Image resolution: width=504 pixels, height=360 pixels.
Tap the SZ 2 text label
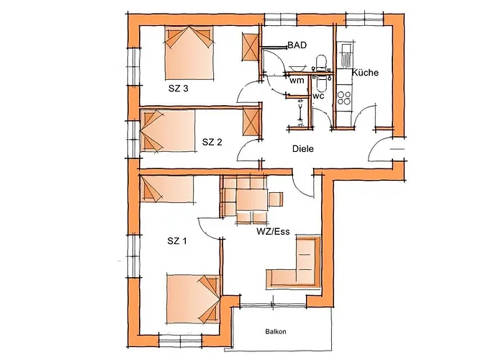point(212,141)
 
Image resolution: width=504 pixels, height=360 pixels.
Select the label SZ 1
point(176,241)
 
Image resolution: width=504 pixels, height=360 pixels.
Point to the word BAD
point(297,45)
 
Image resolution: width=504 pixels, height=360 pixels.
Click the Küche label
point(365,72)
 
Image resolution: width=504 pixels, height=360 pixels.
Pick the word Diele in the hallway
point(304,149)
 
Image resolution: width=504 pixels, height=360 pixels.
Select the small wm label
point(297,81)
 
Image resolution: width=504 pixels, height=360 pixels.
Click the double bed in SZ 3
point(189,53)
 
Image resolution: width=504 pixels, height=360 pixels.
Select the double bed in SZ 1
point(192,297)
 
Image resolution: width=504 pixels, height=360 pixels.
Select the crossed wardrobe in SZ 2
point(251,120)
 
